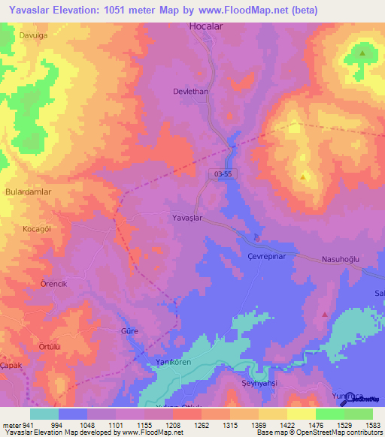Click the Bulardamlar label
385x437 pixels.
pos(26,191)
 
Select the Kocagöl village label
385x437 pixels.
pos(36,228)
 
